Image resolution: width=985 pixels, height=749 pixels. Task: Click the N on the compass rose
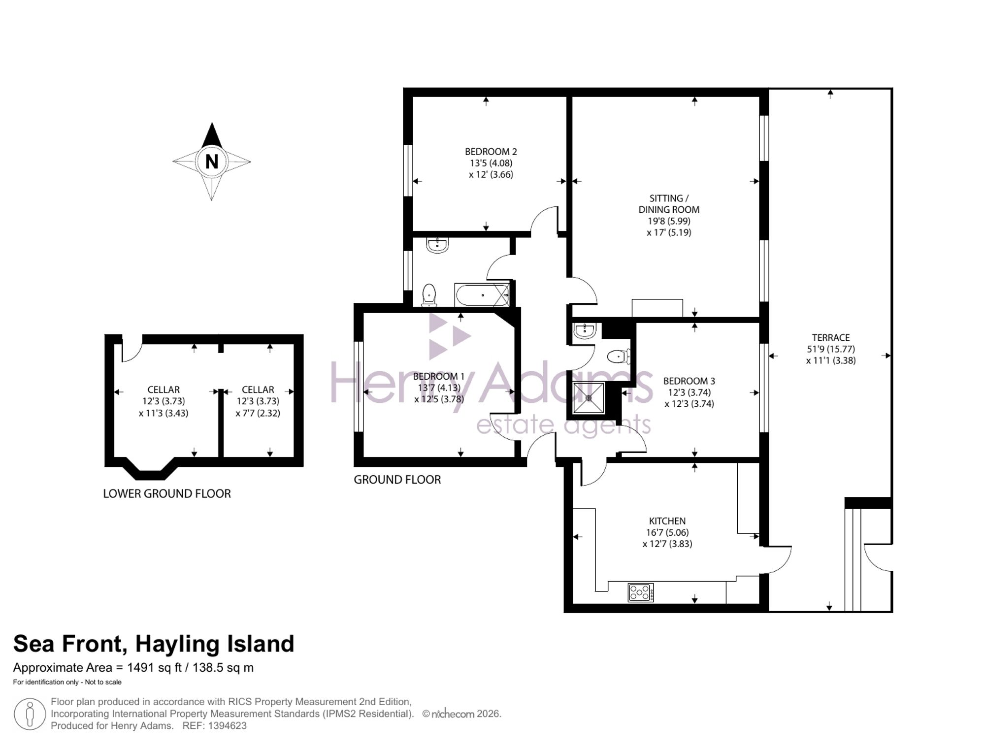[212, 162]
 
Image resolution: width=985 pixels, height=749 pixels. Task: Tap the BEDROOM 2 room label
[491, 152]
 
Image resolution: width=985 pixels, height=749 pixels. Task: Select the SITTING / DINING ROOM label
[669, 204]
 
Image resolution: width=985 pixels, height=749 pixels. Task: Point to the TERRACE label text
[831, 338]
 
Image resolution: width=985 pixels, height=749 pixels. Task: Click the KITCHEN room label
[667, 521]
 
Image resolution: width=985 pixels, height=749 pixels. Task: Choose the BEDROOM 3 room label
[689, 381]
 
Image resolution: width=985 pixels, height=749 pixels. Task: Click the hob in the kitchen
[641, 592]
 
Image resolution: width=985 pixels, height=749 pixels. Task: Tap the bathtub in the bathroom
[482, 295]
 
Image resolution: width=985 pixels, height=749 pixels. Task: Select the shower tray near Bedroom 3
[589, 398]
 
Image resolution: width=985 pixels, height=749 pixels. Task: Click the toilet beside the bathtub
[429, 295]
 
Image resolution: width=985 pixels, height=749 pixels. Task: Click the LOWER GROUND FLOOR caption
[167, 493]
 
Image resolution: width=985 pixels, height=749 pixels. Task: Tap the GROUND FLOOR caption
[397, 480]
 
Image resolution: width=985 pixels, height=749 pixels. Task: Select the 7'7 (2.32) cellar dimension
[258, 413]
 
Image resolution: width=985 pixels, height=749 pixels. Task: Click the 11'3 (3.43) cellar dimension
[164, 413]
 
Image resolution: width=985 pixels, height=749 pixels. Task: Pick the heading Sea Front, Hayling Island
[154, 644]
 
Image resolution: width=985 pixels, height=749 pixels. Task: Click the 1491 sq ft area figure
[155, 668]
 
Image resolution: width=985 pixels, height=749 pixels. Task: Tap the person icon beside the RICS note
[30, 714]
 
